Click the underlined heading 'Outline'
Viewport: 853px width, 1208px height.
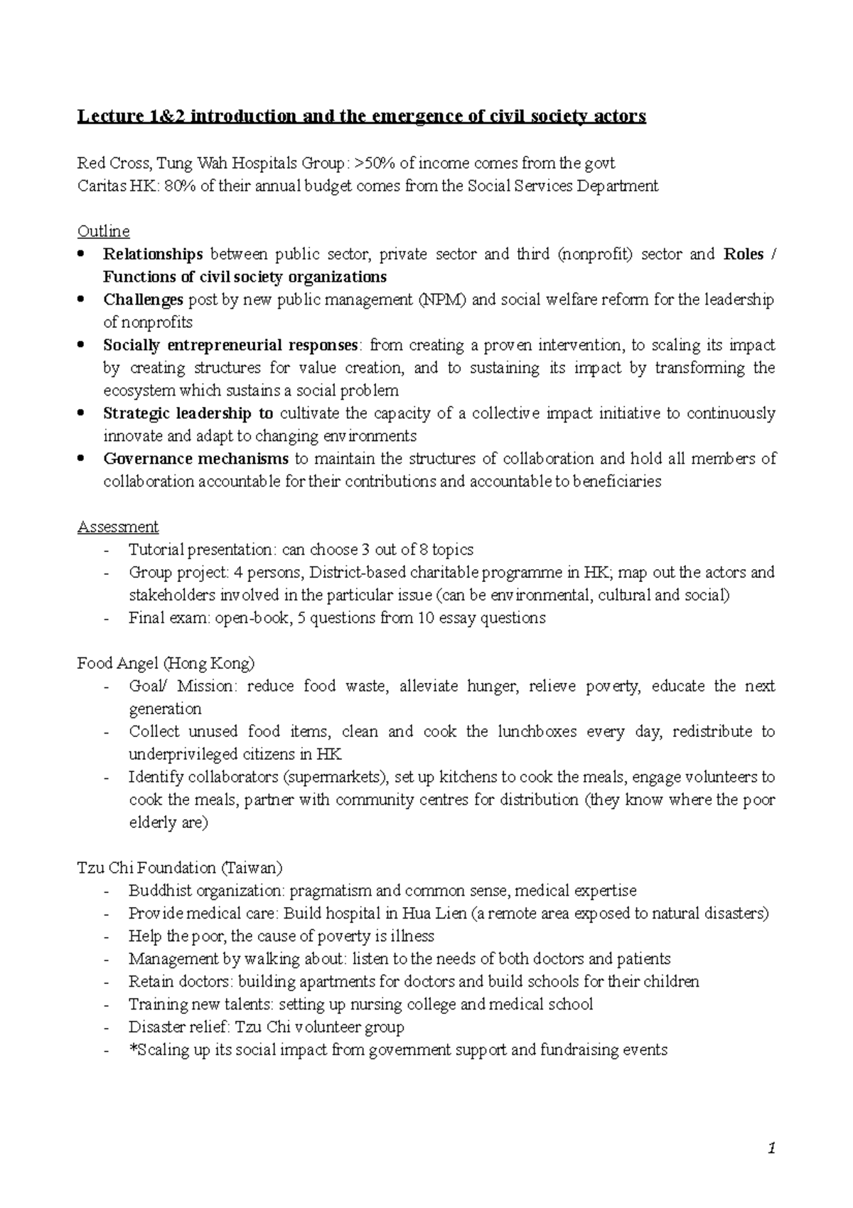(104, 232)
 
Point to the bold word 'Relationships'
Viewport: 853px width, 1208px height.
(153, 255)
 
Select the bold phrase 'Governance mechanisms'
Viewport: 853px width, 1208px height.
(195, 459)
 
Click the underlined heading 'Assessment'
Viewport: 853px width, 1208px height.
(118, 527)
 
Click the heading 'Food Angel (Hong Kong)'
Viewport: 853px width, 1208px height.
(166, 664)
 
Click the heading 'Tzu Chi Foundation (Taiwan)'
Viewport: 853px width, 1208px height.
(180, 868)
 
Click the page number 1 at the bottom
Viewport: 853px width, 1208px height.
(771, 1149)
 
